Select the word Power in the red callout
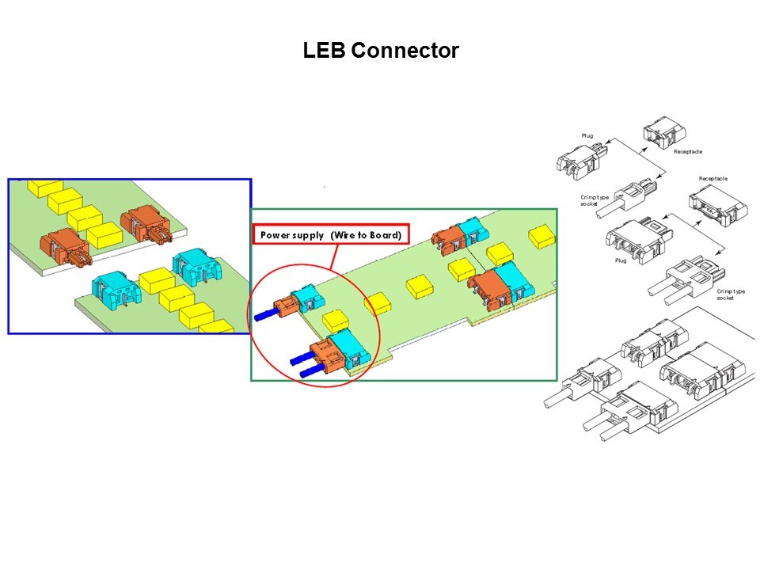pos(278,235)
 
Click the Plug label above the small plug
pos(587,136)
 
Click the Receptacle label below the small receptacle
pos(687,151)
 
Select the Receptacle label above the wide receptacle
pos(712,179)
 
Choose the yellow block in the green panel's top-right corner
pos(541,234)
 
